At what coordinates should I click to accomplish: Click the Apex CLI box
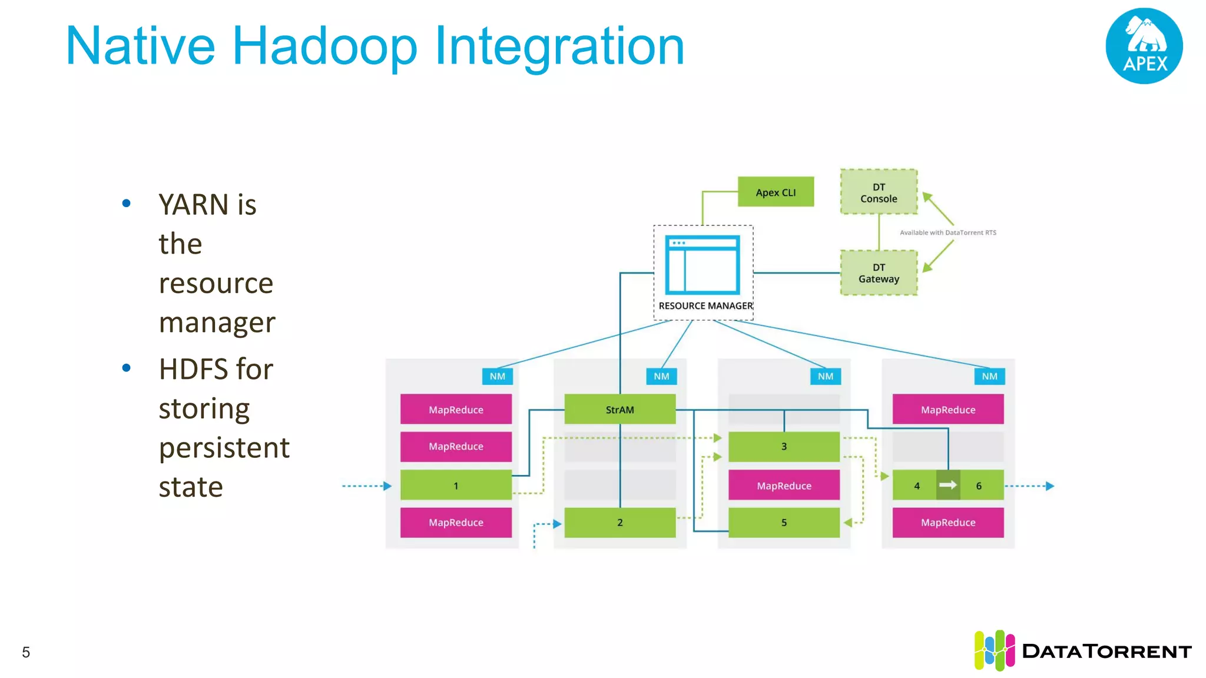click(x=776, y=192)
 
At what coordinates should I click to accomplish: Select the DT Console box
click(x=879, y=192)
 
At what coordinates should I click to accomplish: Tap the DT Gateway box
click(x=879, y=273)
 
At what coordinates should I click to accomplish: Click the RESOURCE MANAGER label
click(x=705, y=306)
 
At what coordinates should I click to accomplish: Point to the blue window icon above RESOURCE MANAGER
click(x=702, y=265)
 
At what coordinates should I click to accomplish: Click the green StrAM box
click(x=619, y=410)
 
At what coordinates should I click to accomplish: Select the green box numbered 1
click(x=455, y=486)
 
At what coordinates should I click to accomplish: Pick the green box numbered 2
click(x=619, y=523)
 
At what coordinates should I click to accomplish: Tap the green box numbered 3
click(x=784, y=447)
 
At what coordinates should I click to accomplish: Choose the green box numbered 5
click(x=784, y=523)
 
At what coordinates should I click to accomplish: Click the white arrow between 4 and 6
click(x=948, y=485)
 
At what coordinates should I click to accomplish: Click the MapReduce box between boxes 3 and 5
click(x=784, y=486)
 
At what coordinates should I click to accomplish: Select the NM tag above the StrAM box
click(x=661, y=376)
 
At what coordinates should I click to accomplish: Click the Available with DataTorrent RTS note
click(x=947, y=232)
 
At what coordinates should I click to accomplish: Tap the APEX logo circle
click(x=1144, y=46)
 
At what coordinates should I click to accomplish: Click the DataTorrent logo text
click(x=1106, y=652)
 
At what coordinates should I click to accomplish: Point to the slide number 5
click(x=26, y=652)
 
